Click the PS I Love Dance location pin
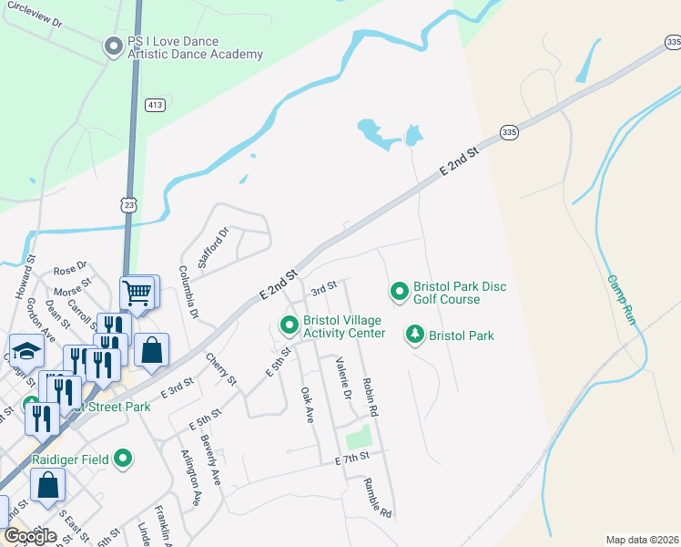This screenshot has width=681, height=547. point(113,46)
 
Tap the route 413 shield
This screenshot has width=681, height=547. point(156,106)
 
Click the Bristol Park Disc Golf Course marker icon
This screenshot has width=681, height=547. point(399,292)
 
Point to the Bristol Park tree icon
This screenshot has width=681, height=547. point(415,335)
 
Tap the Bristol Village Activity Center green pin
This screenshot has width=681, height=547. point(289,325)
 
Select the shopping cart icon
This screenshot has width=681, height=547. point(137,293)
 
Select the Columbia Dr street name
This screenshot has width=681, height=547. point(188,292)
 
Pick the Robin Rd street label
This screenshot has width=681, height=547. point(370,397)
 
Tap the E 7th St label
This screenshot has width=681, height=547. point(352,456)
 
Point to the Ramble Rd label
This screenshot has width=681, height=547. point(378,499)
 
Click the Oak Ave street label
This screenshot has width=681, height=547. point(307,404)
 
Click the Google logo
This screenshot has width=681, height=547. point(30,536)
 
